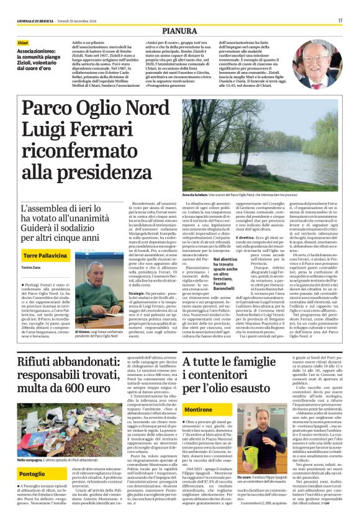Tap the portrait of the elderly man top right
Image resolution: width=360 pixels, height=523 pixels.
(325, 68)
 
